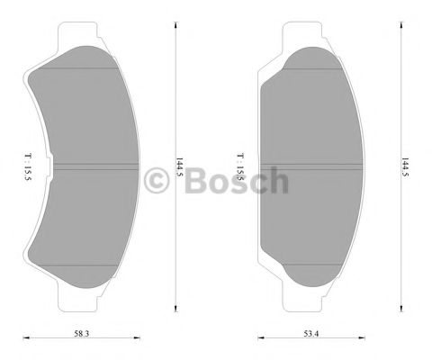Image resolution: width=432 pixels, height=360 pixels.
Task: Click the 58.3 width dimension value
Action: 81,334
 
